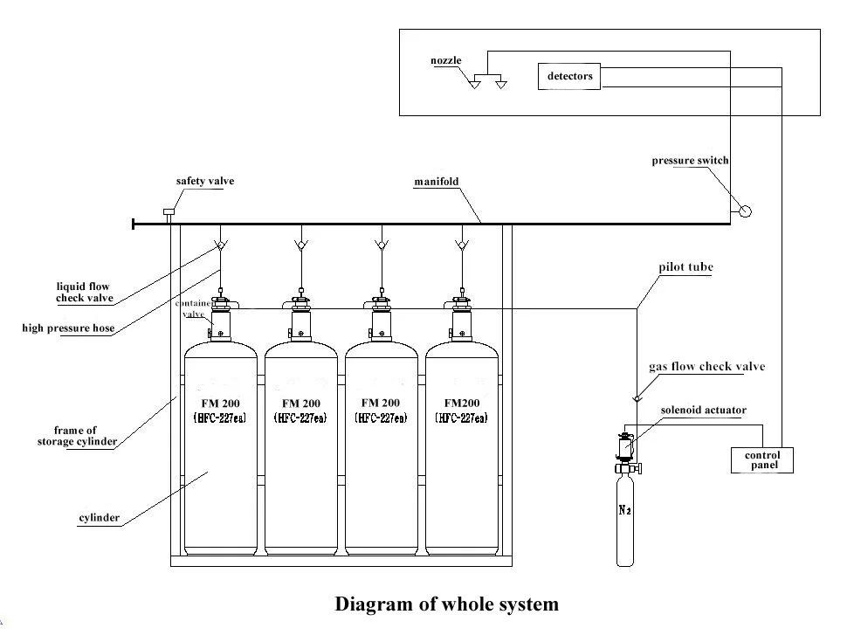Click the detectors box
569,77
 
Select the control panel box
761,460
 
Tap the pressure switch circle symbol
744,211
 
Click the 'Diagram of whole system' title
446,604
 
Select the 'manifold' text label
436,183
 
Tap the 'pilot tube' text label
685,267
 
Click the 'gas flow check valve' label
706,367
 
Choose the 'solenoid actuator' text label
703,410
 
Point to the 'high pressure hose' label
68,328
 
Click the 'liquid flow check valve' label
84,292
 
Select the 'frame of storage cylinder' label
76,436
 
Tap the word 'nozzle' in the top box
445,60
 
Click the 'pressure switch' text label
690,161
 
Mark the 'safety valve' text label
205,182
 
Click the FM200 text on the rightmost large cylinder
461,404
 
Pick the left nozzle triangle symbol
475,86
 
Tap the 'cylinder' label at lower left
100,518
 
